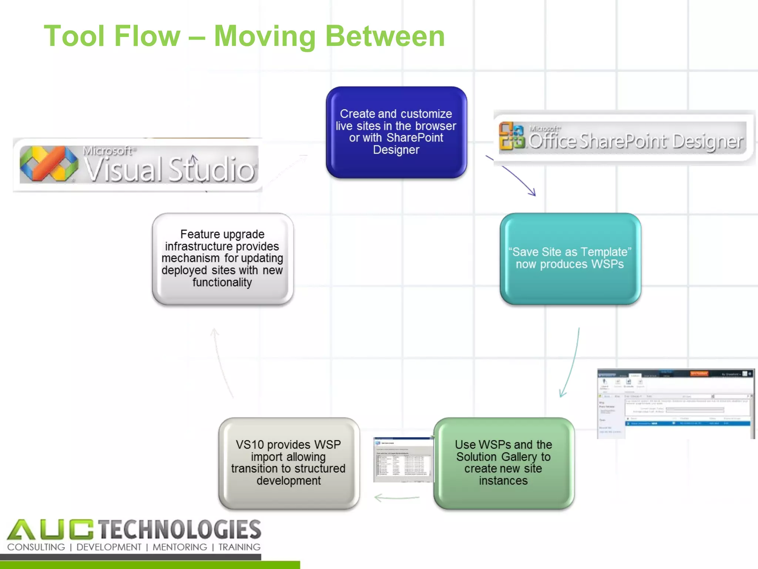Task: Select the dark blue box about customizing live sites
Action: tap(396, 132)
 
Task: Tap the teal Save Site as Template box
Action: tap(570, 258)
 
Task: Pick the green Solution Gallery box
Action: tap(503, 463)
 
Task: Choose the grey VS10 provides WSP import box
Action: tap(289, 463)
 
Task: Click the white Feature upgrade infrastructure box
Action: tap(222, 258)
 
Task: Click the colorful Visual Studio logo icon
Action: tap(49, 164)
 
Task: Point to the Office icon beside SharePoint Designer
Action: tap(512, 136)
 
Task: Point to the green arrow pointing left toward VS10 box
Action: tap(396, 498)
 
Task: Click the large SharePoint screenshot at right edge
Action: tap(675, 404)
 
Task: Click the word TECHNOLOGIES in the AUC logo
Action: tap(180, 529)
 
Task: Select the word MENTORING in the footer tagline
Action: tap(180, 547)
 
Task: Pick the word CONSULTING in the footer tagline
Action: tap(36, 547)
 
